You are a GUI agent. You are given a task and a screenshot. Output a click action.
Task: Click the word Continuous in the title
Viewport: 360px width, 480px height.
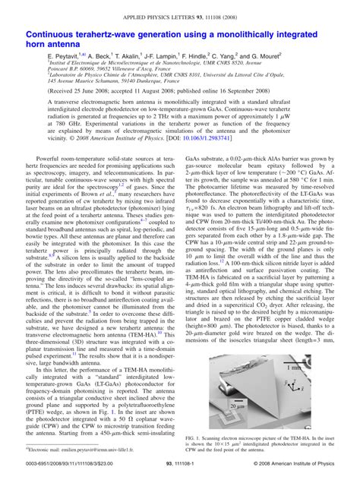click(55, 35)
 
